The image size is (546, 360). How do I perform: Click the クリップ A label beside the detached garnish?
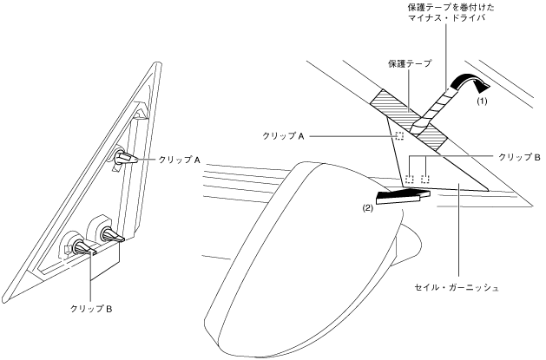click(180, 160)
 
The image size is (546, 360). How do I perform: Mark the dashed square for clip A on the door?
click(400, 136)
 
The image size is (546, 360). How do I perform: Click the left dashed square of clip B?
click(408, 180)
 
